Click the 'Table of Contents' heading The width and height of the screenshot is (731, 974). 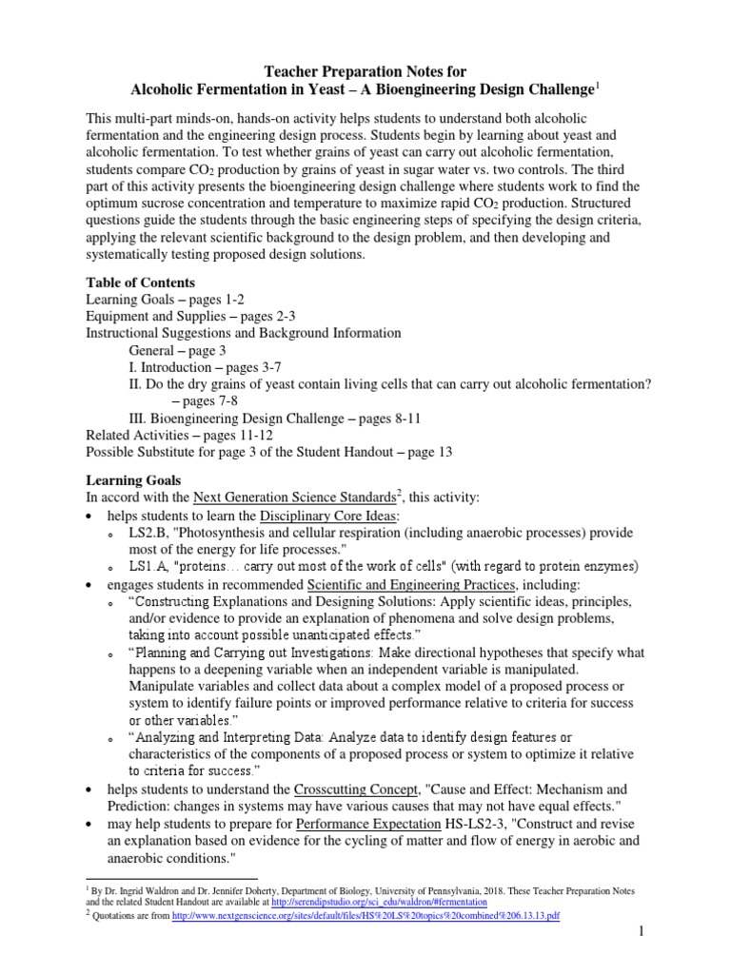(x=140, y=282)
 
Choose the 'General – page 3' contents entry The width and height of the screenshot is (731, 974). (x=177, y=350)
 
